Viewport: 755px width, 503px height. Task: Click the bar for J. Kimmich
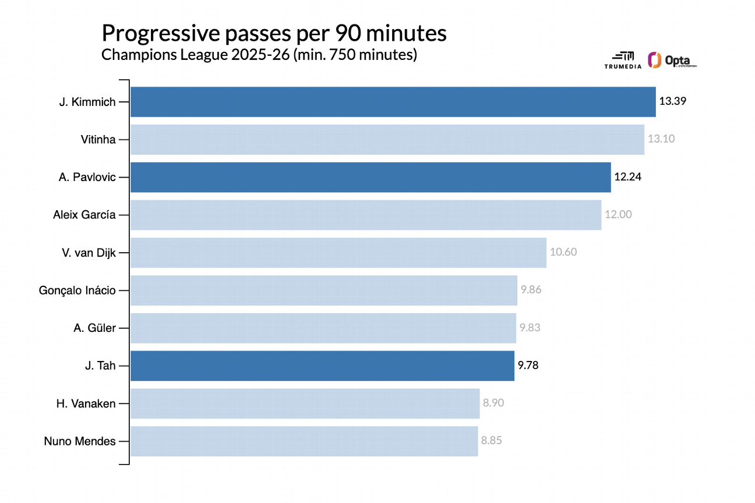pos(393,102)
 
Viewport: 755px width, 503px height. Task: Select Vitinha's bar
pos(387,139)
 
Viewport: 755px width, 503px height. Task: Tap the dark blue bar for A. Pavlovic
pos(370,177)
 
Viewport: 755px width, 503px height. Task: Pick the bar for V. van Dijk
pos(338,252)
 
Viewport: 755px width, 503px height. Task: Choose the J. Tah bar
pos(322,366)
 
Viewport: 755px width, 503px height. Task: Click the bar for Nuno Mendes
pos(304,441)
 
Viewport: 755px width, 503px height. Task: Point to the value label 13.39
pos(673,101)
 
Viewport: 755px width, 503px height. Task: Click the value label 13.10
pos(661,139)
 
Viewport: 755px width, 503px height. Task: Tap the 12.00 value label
pos(618,214)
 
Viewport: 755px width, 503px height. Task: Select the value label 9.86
pos(531,289)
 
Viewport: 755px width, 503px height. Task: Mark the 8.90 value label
pos(493,402)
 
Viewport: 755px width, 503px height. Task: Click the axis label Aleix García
pos(84,214)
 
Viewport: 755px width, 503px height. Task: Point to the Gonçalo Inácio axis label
pos(77,289)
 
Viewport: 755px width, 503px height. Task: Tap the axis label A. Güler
pos(94,328)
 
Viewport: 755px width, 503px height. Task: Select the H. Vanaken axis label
pos(86,403)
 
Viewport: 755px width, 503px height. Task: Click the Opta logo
pos(672,60)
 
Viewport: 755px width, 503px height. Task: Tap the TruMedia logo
pos(623,60)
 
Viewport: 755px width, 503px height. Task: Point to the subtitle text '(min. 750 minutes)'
pos(355,55)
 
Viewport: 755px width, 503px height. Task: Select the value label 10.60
pos(563,252)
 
